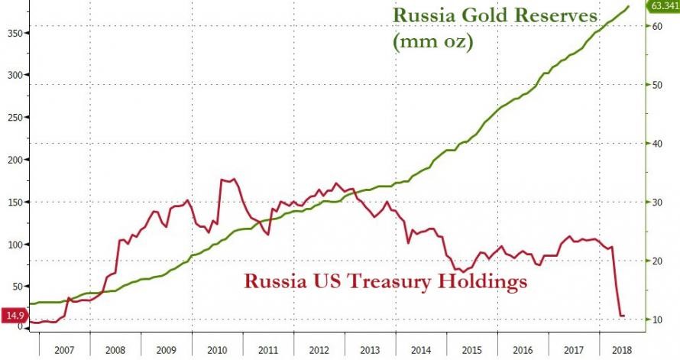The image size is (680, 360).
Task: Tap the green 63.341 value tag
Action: click(x=662, y=7)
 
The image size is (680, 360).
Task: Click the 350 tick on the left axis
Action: click(x=14, y=33)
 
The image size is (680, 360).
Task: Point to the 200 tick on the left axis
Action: click(x=14, y=160)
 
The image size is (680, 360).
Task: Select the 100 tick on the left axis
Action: click(x=14, y=245)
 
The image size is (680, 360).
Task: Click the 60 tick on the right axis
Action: click(x=656, y=26)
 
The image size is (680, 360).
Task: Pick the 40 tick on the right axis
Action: click(x=656, y=144)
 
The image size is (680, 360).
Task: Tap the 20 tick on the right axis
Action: click(x=656, y=261)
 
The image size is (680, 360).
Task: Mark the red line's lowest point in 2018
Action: click(x=622, y=315)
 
